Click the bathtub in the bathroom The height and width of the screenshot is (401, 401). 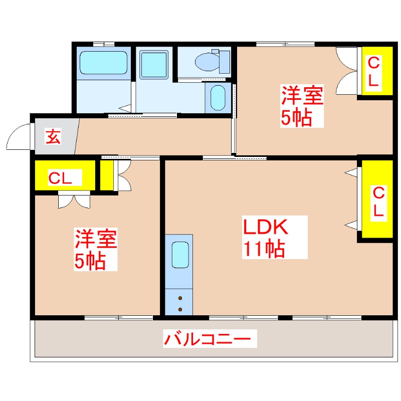[x=104, y=63]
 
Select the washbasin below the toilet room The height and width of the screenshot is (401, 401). [x=218, y=98]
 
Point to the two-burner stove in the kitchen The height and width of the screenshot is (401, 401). [x=180, y=303]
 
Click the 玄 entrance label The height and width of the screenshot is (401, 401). [x=54, y=136]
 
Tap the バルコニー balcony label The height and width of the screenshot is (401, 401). [x=207, y=340]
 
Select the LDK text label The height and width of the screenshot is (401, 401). [x=266, y=228]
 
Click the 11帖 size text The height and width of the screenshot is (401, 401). [x=264, y=249]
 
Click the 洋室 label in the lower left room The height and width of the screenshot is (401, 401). [x=97, y=239]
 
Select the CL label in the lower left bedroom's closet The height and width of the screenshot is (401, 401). [x=65, y=177]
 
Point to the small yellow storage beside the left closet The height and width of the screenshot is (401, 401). [x=106, y=175]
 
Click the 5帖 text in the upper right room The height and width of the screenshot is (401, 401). [x=296, y=118]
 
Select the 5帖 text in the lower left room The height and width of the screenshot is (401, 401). [x=90, y=261]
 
